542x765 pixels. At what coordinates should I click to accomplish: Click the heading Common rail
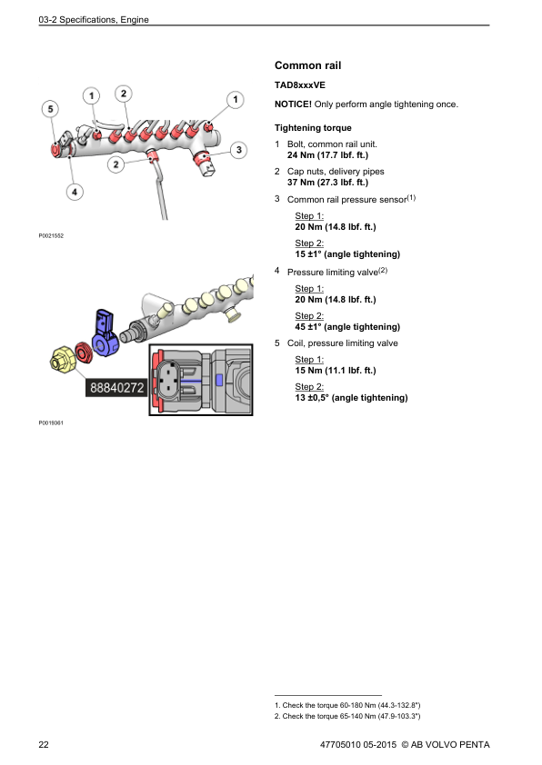[307, 66]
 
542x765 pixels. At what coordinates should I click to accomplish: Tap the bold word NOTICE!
[293, 104]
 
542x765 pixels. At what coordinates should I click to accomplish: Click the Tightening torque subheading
[313, 128]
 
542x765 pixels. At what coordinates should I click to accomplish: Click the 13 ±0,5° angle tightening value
[351, 398]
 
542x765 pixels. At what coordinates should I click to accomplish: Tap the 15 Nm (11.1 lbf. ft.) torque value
[336, 371]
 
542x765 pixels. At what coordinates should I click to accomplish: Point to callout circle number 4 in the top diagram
[74, 191]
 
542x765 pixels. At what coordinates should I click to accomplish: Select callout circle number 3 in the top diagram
[238, 149]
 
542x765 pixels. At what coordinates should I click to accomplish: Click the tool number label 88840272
[116, 388]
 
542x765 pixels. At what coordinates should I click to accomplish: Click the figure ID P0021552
[51, 235]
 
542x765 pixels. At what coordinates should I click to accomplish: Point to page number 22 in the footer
[44, 745]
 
